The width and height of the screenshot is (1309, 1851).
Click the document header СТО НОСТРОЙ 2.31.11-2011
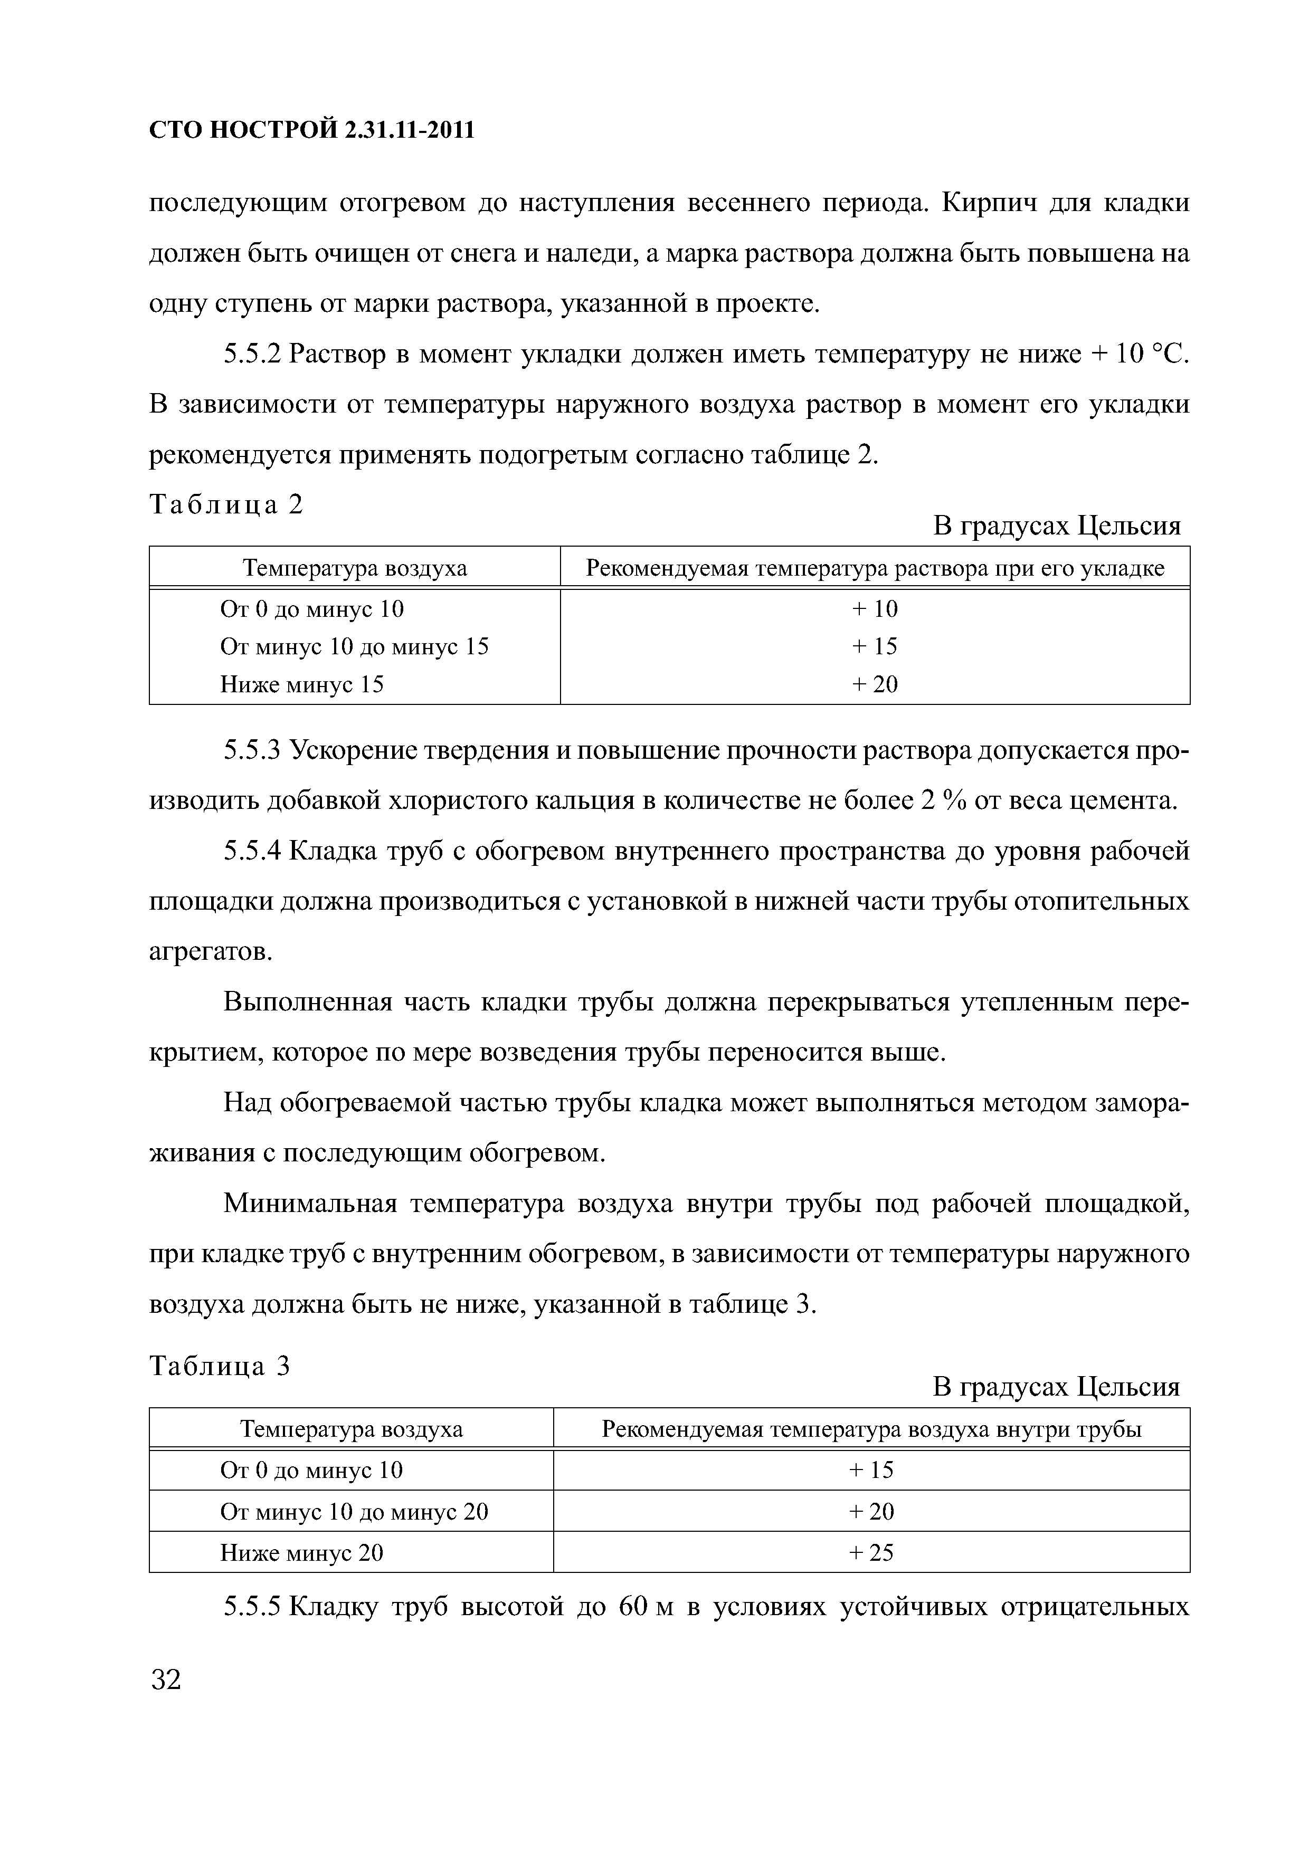coord(311,130)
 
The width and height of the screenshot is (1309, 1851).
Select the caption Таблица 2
coord(226,505)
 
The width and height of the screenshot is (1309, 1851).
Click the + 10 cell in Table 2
coord(874,609)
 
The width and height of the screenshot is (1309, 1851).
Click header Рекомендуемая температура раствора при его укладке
coord(874,569)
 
